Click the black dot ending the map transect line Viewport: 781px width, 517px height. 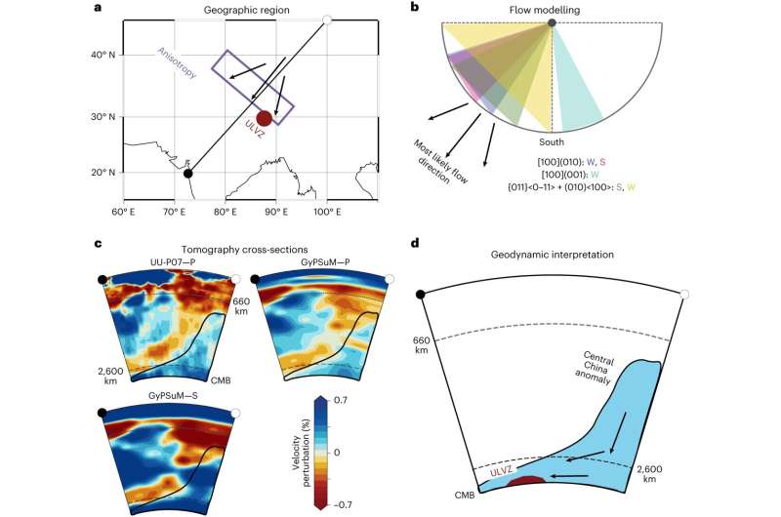[x=187, y=174]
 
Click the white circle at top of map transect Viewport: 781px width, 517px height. [x=327, y=20]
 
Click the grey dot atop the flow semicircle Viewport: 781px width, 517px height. [x=554, y=22]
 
